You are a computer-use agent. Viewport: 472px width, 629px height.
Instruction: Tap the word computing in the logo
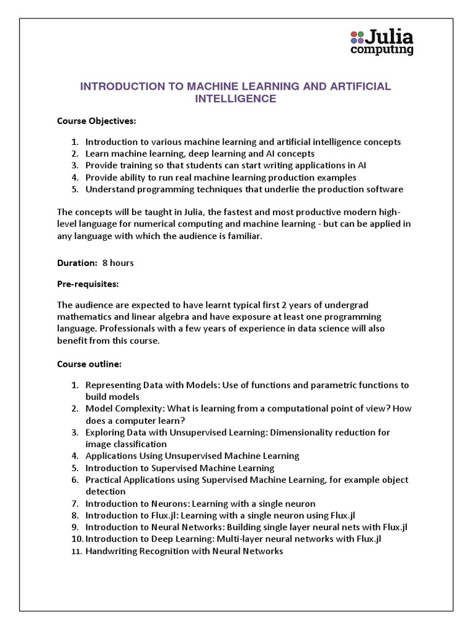(381, 50)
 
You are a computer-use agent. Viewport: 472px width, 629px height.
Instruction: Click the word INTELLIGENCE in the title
(235, 99)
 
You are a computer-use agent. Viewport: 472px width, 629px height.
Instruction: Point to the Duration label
(77, 263)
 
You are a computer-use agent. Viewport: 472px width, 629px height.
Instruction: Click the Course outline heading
(89, 364)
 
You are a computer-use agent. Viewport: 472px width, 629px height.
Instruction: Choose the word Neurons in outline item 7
(160, 504)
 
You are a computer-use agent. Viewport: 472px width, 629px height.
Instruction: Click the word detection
(105, 491)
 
